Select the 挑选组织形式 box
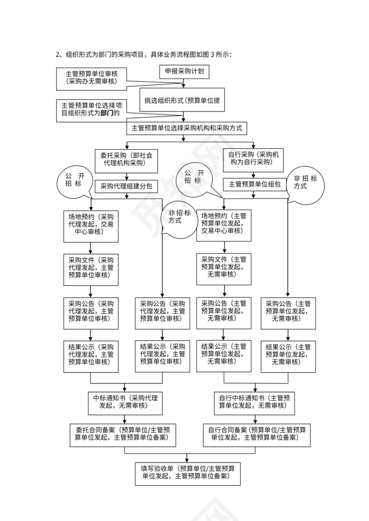[182, 101]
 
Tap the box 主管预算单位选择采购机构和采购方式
[187, 128]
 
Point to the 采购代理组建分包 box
[126, 186]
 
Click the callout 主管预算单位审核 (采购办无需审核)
[91, 77]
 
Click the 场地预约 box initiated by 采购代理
[91, 225]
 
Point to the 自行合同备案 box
[257, 434]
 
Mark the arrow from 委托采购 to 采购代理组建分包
[126, 176]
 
